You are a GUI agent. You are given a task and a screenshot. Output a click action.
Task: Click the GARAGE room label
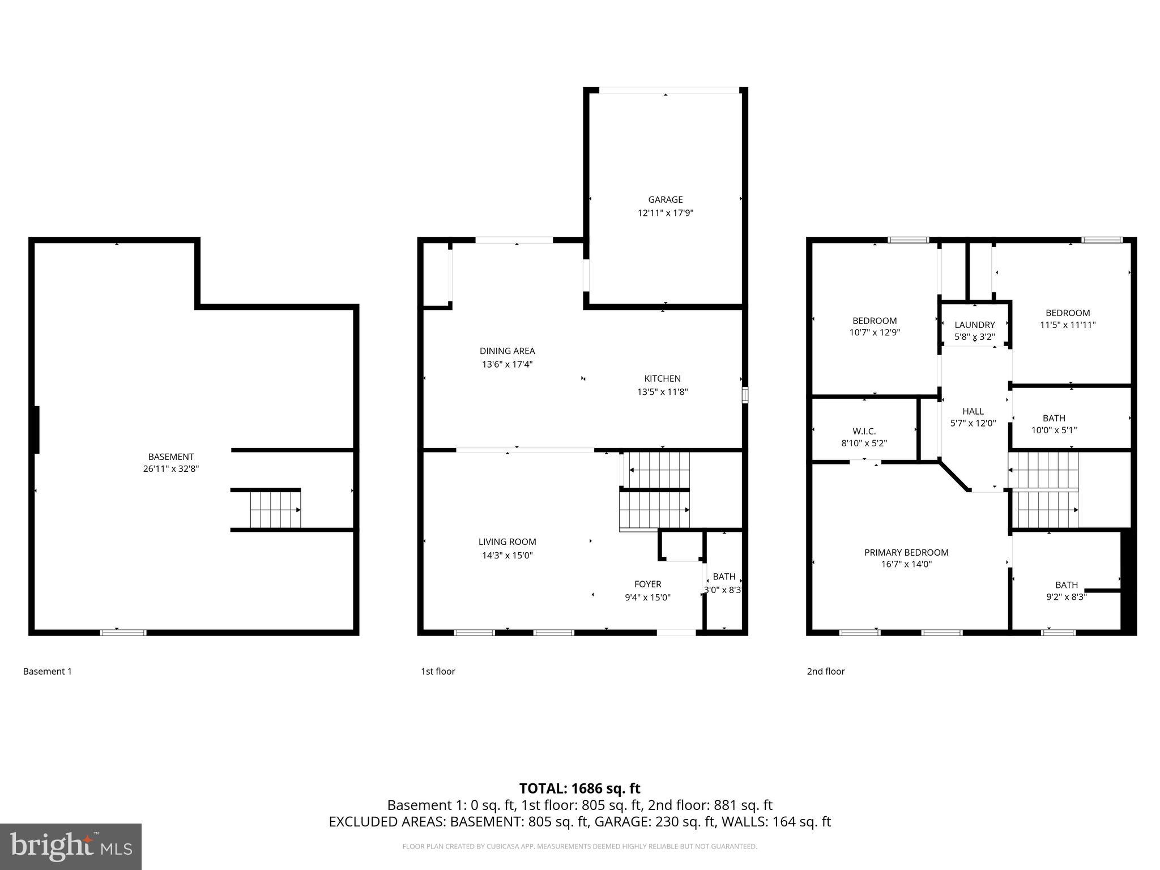pyautogui.click(x=665, y=199)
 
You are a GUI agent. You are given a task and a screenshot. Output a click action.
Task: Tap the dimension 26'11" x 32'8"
pyautogui.click(x=170, y=469)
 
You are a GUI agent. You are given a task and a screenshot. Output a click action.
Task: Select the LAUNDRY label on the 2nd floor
pyautogui.click(x=974, y=325)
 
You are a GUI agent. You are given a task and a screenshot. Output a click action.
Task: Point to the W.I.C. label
pyautogui.click(x=864, y=431)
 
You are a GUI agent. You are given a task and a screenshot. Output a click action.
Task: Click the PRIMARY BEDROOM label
pyautogui.click(x=906, y=552)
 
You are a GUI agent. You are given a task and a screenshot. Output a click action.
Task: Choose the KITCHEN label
pyautogui.click(x=662, y=378)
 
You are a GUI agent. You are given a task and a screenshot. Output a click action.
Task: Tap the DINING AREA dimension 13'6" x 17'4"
pyautogui.click(x=507, y=364)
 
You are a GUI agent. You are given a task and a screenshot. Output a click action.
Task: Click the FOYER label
pyautogui.click(x=647, y=584)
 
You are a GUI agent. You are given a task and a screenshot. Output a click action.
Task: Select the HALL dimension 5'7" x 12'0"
pyautogui.click(x=973, y=423)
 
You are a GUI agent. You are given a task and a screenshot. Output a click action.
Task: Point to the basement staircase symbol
pyautogui.click(x=275, y=509)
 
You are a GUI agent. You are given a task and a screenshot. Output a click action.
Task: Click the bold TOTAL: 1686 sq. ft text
pyautogui.click(x=579, y=788)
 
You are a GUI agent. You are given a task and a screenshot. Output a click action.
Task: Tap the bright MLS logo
pyautogui.click(x=71, y=846)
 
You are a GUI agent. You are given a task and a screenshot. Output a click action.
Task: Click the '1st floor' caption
pyautogui.click(x=437, y=671)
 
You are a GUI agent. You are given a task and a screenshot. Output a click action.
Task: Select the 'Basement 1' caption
pyautogui.click(x=48, y=671)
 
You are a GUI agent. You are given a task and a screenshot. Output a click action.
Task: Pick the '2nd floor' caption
pyautogui.click(x=825, y=671)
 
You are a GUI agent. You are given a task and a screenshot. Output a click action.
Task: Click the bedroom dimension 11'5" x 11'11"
pyautogui.click(x=1067, y=325)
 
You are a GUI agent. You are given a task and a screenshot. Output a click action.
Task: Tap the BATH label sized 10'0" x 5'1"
pyautogui.click(x=1054, y=418)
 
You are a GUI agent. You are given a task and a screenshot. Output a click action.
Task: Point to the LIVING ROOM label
pyautogui.click(x=507, y=541)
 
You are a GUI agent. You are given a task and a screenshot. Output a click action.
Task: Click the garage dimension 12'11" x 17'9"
pyautogui.click(x=665, y=213)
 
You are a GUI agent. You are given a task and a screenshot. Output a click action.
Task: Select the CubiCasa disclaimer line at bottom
pyautogui.click(x=579, y=846)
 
